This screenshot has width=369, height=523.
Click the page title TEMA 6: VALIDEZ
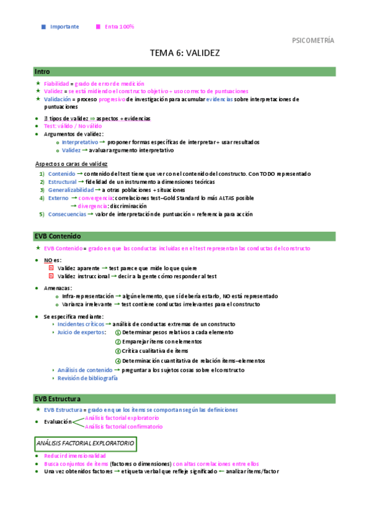click(x=185, y=54)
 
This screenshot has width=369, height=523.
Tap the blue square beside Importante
click(x=43, y=27)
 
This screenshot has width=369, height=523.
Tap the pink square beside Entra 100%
click(x=97, y=27)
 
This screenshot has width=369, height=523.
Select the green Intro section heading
click(x=43, y=72)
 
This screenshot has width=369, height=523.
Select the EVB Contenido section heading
click(x=58, y=236)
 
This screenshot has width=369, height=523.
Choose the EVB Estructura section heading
click(x=59, y=398)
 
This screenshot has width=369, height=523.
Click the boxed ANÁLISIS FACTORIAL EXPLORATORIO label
click(x=86, y=443)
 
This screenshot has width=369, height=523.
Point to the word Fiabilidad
click(x=56, y=83)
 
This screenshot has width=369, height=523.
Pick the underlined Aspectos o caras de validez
click(x=71, y=164)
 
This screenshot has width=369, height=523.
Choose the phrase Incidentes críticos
click(x=79, y=324)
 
